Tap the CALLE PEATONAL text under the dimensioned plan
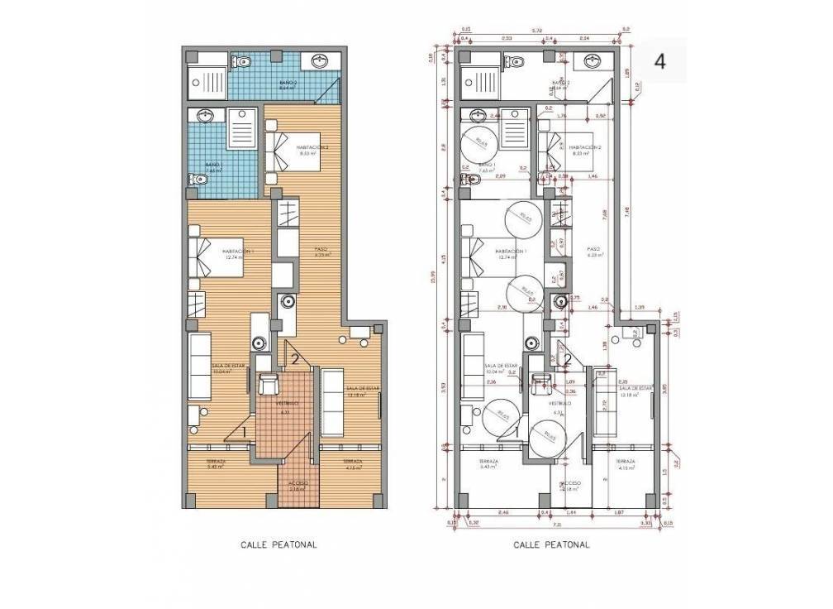(x=551, y=545)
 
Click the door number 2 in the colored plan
(x=294, y=358)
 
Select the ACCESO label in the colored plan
(x=297, y=483)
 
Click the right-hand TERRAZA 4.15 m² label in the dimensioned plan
(x=626, y=463)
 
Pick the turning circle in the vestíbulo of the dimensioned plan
(x=546, y=436)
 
